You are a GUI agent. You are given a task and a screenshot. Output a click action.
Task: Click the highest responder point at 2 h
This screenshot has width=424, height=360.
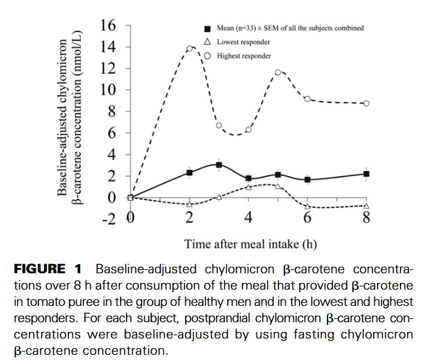point(190,48)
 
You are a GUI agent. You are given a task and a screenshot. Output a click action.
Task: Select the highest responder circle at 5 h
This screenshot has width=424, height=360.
point(278,72)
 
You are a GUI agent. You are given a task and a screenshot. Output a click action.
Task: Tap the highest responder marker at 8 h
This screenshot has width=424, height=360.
point(367,103)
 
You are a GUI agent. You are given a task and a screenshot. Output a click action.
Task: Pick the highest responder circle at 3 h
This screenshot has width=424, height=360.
point(219,125)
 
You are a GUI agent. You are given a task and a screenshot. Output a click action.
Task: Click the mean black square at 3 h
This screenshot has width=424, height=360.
point(219,165)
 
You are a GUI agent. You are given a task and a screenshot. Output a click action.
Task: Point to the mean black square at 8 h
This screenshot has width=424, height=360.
point(367,173)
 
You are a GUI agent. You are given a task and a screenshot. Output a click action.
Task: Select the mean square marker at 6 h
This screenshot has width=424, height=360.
point(307,179)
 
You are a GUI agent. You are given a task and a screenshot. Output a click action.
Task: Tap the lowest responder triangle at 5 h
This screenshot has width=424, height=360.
point(278,187)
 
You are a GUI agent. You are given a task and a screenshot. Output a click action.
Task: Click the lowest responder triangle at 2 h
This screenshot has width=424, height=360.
point(190,203)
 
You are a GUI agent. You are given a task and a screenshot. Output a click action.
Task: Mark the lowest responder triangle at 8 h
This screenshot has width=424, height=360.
point(367,205)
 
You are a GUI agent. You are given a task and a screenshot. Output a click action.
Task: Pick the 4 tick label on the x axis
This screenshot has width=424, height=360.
point(249,218)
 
